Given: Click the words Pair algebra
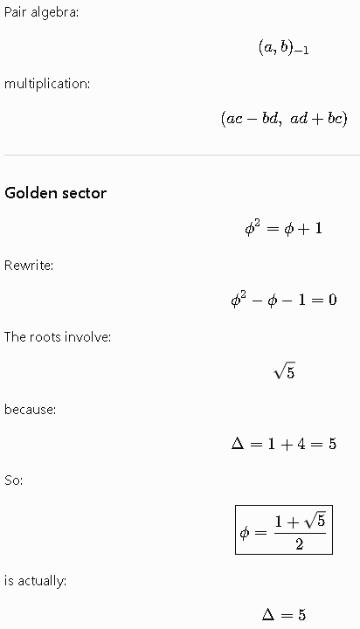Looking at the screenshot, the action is point(40,12).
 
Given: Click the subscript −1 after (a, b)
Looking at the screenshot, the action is point(301,51).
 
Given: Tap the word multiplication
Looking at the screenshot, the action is point(46,84).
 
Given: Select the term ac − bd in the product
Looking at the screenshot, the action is point(252,119).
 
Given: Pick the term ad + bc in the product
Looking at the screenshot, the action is point(315,119).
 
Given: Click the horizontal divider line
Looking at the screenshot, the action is point(183,155).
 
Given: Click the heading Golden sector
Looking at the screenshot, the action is point(55,193).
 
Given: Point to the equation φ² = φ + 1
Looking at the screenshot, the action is point(283,228).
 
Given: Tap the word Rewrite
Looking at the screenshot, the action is point(28,266).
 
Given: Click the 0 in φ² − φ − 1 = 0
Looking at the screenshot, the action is point(332,300).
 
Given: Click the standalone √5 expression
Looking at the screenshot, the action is point(284,372).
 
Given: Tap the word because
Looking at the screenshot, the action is point(30,409).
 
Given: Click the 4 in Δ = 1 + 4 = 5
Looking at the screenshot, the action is point(301,444).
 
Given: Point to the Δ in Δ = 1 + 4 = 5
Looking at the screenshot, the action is point(238,444).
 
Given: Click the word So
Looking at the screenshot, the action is point(12,480).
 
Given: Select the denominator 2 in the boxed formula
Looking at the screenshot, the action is point(300,544).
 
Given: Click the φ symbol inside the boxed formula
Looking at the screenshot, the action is point(245,533).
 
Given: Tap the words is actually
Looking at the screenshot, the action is point(35,581).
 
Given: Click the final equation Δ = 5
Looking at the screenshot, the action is point(284,614).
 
